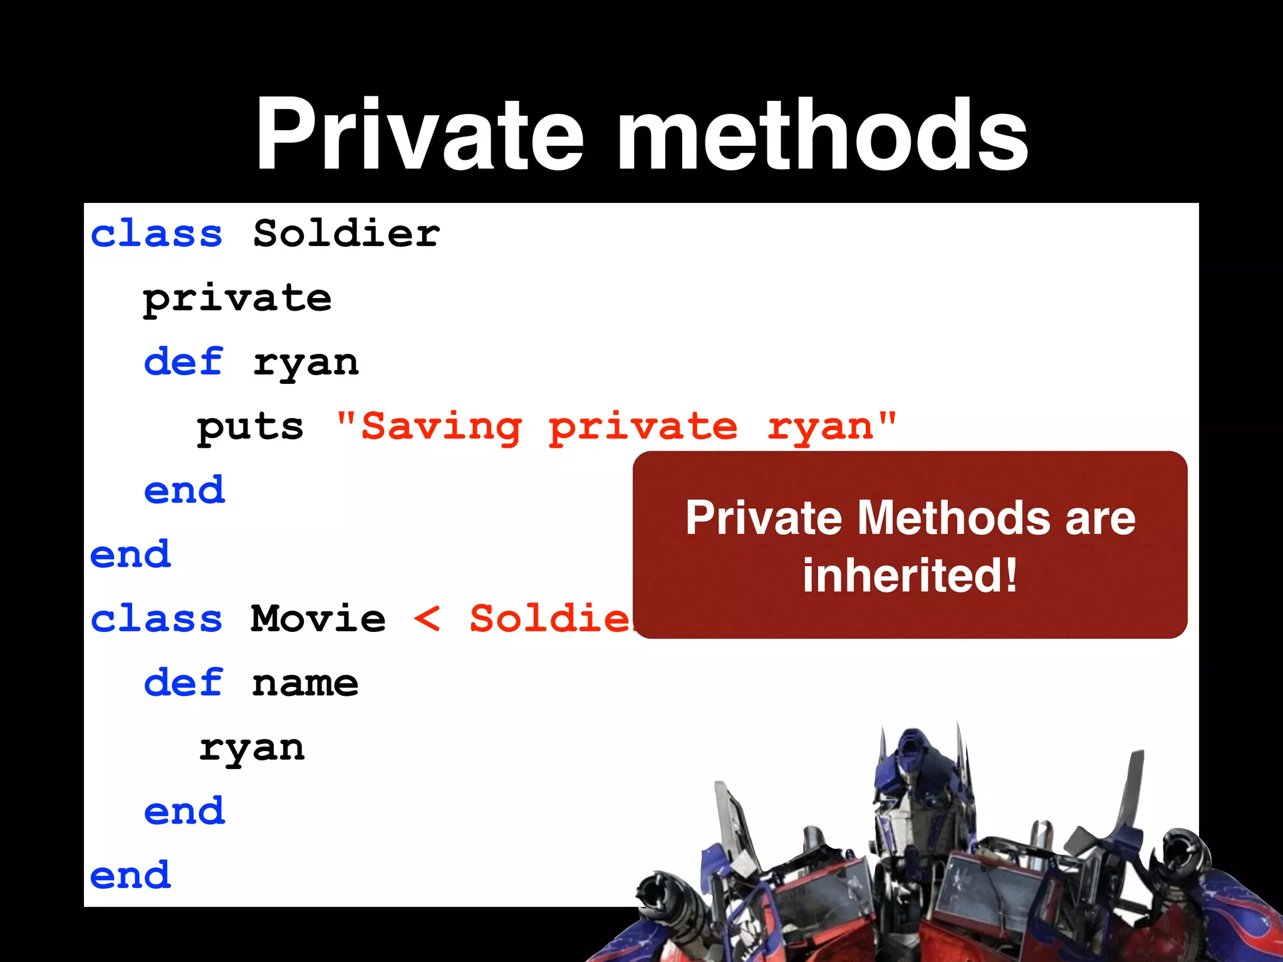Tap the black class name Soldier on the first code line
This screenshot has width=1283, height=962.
(x=346, y=234)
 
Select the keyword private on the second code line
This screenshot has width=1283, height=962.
(x=237, y=299)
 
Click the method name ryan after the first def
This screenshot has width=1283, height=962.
(x=306, y=364)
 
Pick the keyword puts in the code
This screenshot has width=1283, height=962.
(x=250, y=428)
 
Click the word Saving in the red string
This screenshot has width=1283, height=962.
(x=442, y=428)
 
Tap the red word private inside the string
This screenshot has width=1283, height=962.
(x=643, y=428)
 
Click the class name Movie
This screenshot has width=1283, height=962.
(x=318, y=619)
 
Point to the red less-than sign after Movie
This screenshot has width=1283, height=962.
(x=427, y=619)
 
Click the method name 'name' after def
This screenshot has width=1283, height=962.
(x=305, y=683)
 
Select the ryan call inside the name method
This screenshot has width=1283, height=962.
(x=252, y=748)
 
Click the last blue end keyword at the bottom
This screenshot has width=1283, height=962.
(x=130, y=876)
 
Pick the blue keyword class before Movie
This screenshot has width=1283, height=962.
(x=157, y=619)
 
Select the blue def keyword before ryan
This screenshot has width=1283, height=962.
(x=183, y=363)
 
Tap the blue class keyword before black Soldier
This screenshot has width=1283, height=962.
(x=157, y=234)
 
